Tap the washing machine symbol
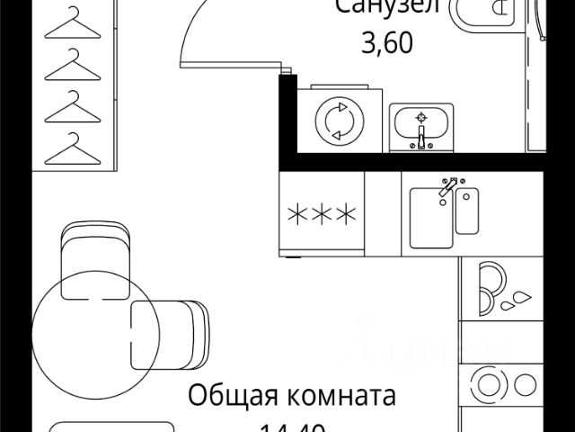point(339,121)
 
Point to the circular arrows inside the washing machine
point(339,121)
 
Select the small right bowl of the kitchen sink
point(467,211)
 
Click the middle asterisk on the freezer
point(323,215)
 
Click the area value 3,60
point(386,42)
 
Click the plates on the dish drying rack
point(489,286)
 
